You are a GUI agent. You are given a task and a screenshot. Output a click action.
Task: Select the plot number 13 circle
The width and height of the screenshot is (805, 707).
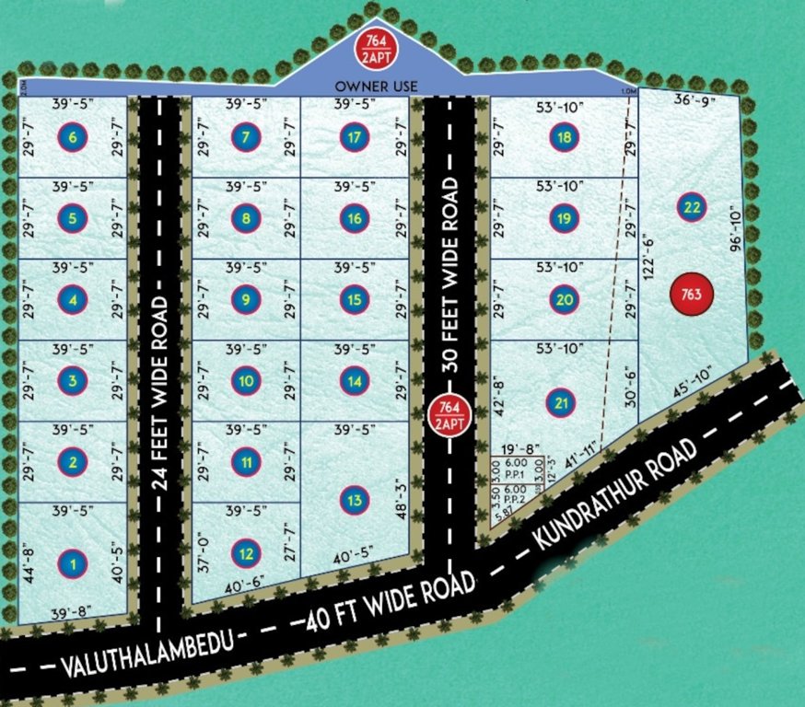point(355,501)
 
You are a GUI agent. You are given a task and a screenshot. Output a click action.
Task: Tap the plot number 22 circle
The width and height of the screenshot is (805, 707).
point(691,207)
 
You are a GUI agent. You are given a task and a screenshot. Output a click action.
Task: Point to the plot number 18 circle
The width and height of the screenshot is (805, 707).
point(564,138)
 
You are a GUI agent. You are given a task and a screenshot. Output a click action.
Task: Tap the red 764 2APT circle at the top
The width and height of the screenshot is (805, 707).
point(375,48)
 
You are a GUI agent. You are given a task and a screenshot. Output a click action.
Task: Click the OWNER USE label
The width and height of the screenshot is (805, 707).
point(377,86)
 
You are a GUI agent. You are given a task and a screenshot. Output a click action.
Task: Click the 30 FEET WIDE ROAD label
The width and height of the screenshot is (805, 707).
point(450,274)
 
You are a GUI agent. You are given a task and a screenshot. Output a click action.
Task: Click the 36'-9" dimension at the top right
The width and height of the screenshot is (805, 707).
point(693,99)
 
